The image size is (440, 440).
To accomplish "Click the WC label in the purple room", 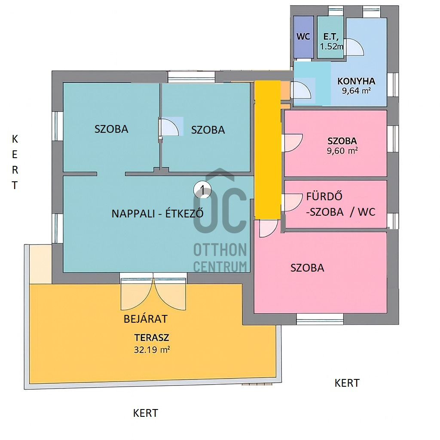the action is coord(303,37).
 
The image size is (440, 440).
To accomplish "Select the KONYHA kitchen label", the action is coord(356,81).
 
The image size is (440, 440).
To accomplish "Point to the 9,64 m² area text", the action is coord(356,91).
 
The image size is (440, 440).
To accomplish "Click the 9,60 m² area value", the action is coord(342,151).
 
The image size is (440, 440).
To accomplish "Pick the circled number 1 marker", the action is coord(202,190).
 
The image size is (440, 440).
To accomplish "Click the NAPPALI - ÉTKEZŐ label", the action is coord(157,214).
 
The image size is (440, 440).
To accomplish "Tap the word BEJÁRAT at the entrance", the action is coord(146,319).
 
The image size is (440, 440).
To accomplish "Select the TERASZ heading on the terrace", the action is coord(152,338).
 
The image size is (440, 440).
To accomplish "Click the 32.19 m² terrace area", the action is coord(152,350).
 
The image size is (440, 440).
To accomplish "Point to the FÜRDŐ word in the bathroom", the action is coord(324,196).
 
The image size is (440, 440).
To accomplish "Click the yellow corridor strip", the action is coord(267,150).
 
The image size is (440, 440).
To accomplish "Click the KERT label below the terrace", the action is coord(145,413).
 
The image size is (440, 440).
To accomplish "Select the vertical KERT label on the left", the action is coord(15,162).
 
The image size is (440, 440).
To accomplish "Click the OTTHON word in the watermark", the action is coord(220,250).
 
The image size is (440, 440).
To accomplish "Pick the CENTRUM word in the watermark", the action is coord(220,266).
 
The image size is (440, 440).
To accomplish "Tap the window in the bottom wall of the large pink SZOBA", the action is coord(320,319).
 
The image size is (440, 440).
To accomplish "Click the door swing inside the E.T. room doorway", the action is coord(354,47).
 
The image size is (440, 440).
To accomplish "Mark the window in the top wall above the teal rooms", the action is coord(191,77).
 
